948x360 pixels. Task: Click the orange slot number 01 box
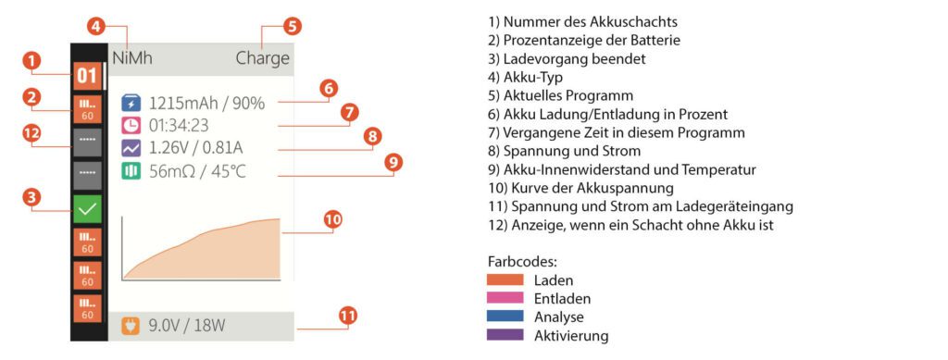click(x=87, y=75)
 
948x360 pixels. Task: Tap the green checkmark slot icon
click(x=87, y=209)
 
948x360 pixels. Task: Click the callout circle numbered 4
click(x=96, y=26)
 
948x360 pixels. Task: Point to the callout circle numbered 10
click(x=333, y=219)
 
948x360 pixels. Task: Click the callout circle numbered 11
click(x=347, y=316)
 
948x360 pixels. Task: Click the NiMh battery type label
click(x=132, y=58)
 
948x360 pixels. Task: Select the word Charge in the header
click(x=263, y=58)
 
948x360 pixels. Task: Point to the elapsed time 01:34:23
click(x=180, y=124)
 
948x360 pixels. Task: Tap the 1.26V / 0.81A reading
click(x=196, y=147)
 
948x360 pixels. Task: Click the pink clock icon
click(x=131, y=124)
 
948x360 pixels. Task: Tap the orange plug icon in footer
click(x=131, y=325)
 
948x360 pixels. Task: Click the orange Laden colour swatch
click(x=504, y=279)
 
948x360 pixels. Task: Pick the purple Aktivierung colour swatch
click(x=504, y=335)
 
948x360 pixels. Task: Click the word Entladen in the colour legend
click(x=562, y=298)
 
